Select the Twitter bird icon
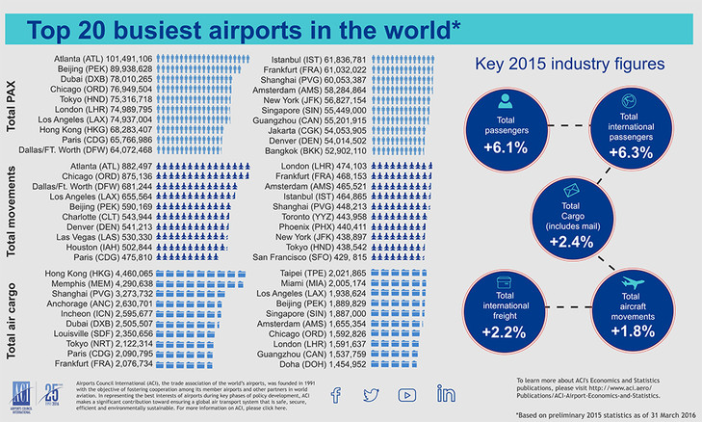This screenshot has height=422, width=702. click(x=371, y=394)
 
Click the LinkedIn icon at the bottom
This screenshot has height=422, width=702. click(x=446, y=394)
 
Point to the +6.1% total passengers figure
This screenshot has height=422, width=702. click(x=506, y=147)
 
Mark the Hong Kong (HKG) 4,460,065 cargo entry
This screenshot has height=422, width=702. click(x=99, y=275)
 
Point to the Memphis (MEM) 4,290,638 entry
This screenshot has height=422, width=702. click(x=99, y=285)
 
